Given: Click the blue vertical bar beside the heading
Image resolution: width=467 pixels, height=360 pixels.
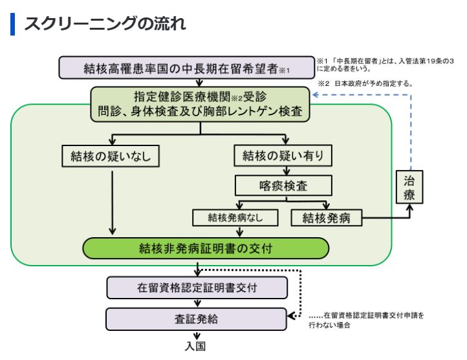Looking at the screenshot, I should (12, 24).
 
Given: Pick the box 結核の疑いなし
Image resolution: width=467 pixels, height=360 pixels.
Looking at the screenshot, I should (111, 156).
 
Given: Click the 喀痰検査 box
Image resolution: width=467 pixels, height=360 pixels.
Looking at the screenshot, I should (283, 186).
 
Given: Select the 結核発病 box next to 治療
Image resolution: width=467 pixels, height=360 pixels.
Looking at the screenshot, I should (326, 217).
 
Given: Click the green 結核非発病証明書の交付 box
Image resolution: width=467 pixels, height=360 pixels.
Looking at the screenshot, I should (206, 248).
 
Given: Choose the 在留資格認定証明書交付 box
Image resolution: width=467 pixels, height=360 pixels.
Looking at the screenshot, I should (197, 288).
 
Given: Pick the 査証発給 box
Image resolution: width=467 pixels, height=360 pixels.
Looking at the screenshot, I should (197, 319).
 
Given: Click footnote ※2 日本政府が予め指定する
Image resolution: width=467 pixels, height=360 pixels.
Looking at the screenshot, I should (365, 83).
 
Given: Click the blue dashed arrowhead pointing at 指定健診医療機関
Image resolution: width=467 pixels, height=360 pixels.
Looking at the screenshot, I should (315, 95).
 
